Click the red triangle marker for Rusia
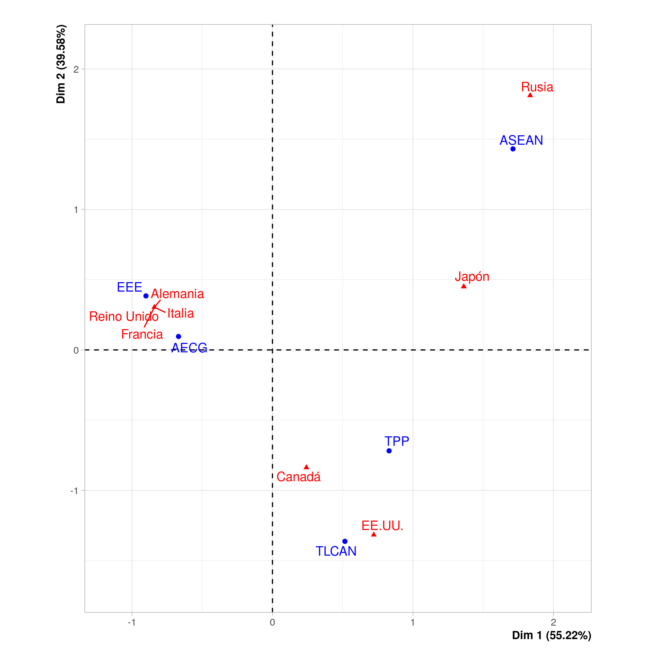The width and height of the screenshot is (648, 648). (530, 95)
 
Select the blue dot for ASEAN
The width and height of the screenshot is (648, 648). (513, 149)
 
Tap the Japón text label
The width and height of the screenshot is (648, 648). (472, 277)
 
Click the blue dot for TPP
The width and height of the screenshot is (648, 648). (389, 451)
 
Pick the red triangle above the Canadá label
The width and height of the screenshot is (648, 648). (306, 467)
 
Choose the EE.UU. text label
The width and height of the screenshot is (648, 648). (382, 526)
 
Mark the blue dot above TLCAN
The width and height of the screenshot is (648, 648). (345, 541)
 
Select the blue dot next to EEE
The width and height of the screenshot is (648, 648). (146, 296)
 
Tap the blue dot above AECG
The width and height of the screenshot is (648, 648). (178, 336)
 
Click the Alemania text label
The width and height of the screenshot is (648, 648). (177, 294)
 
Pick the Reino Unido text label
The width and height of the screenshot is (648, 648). (124, 316)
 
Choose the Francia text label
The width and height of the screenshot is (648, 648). (142, 335)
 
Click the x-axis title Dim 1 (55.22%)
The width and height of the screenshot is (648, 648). (551, 635)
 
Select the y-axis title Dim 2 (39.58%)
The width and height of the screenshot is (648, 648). (61, 64)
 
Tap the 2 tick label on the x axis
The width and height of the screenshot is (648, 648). (553, 623)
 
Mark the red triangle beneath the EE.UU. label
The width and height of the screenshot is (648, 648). (374, 534)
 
